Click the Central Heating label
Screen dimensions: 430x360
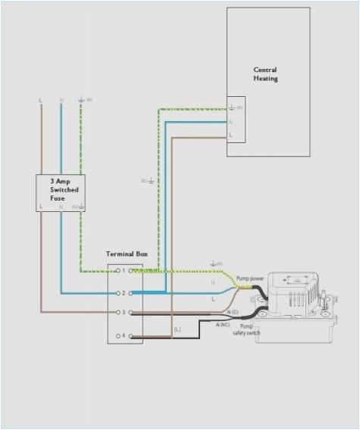coord(265,74)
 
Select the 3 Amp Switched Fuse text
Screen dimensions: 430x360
coord(64,189)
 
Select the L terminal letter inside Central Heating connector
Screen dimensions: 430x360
coord(231,135)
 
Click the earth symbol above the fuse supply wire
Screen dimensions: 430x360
coord(81,99)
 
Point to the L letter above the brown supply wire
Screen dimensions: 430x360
coord(40,100)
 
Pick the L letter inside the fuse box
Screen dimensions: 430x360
coord(41,206)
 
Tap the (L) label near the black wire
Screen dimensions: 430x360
coord(177,329)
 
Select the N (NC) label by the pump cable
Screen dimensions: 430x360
coord(222,325)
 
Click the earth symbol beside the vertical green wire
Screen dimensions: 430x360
coord(149,181)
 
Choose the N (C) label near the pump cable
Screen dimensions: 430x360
coord(232,312)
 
